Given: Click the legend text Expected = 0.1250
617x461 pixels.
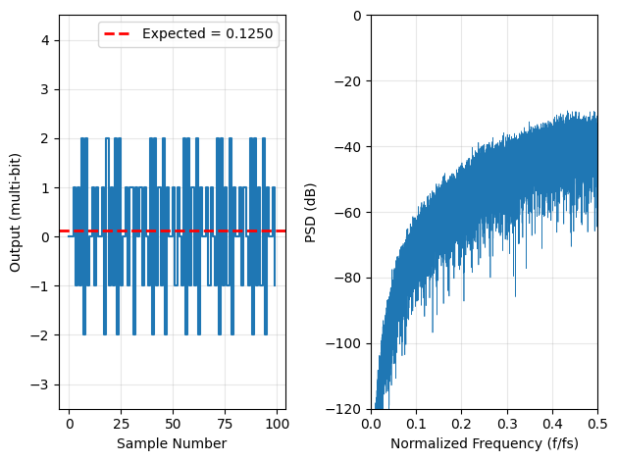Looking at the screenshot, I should (x=208, y=34).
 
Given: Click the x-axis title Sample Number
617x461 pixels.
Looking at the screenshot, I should (x=172, y=443).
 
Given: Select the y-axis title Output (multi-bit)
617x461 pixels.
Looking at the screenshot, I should (x=16, y=212).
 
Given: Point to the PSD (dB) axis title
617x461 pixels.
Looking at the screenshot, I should (x=311, y=212).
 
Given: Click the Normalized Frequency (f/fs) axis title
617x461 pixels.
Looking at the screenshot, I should (x=484, y=443).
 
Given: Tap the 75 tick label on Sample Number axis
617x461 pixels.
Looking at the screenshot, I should (x=225, y=424).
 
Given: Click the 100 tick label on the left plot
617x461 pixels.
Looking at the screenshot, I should (x=277, y=424).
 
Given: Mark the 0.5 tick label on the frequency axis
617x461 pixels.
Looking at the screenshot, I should (x=596, y=424).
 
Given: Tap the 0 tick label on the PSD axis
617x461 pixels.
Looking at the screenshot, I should (x=359, y=16).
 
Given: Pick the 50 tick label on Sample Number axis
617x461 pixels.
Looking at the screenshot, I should (x=173, y=424).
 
